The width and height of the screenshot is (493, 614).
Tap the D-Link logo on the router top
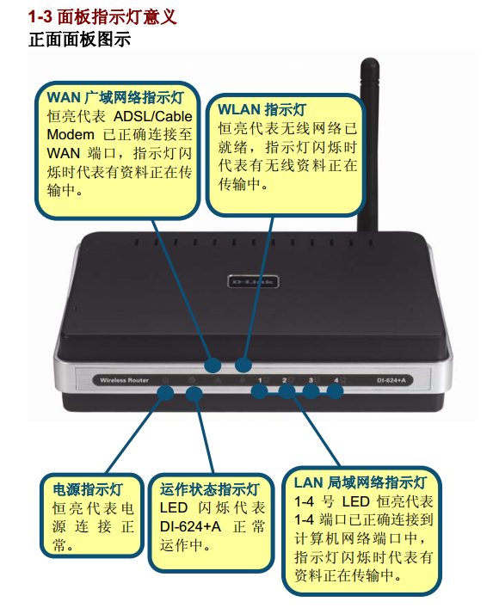[x=253, y=281]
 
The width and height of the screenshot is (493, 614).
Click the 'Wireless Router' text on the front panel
[x=124, y=380]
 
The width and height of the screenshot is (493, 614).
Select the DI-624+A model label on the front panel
[x=391, y=380]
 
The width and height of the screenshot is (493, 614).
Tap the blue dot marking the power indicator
[x=165, y=392]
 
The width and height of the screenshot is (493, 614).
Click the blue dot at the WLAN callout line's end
[x=243, y=365]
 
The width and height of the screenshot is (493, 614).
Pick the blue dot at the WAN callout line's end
[x=213, y=365]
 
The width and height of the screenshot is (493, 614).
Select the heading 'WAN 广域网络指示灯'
[x=115, y=97]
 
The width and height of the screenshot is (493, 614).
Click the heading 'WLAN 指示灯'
[x=262, y=110]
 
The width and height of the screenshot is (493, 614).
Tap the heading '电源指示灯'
[x=88, y=489]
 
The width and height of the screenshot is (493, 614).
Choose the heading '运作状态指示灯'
[x=210, y=489]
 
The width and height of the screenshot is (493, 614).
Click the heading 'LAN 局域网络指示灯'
[x=361, y=482]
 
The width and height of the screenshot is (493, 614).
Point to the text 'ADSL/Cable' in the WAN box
[x=153, y=116]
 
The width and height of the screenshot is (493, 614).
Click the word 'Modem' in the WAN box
[x=71, y=135]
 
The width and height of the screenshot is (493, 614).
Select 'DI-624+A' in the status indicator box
[x=190, y=526]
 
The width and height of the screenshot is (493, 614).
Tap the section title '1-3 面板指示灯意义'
[x=102, y=17]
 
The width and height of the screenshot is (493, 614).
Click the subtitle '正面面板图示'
[x=79, y=40]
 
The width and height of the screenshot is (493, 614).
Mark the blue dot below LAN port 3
[x=311, y=390]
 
